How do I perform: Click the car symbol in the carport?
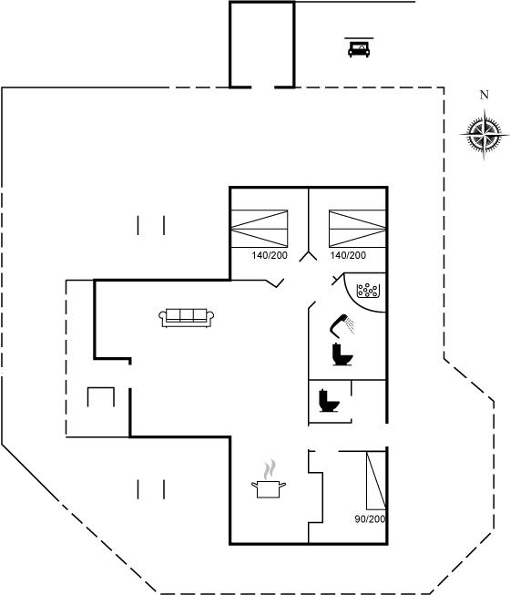pos(359,49)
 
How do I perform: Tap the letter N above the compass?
pos(484,95)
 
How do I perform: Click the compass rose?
pos(484,134)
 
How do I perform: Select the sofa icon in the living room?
pos(186,318)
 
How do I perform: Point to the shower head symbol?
pos(342,325)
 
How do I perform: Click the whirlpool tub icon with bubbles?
pos(368,291)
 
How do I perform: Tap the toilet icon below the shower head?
pos(342,354)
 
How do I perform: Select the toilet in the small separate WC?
pos(329,401)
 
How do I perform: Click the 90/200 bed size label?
pos(370,518)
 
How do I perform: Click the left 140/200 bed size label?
pos(270,255)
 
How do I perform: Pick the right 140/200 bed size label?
pos(348,255)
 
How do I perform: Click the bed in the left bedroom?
pos(260,229)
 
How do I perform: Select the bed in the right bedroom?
pos(357,229)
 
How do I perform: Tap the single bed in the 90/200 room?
pos(376,480)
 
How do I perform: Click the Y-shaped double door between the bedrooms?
pos(308,257)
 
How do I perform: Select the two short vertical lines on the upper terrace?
pos(151,225)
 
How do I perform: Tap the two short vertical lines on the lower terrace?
pos(151,489)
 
